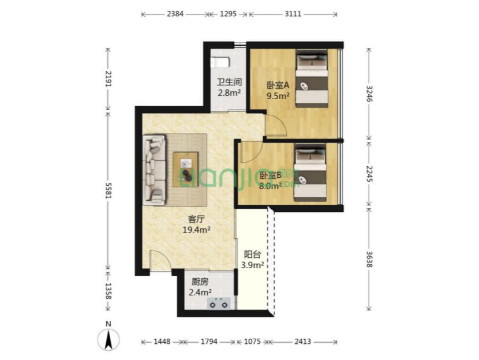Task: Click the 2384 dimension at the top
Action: click(175, 14)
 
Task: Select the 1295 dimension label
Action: click(228, 14)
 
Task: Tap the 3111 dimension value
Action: click(293, 14)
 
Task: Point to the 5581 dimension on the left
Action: click(108, 190)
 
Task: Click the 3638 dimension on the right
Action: click(369, 259)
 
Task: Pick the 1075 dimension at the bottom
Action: click(252, 342)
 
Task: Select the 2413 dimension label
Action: click(302, 342)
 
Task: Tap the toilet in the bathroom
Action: click(221, 62)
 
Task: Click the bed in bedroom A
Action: click(312, 78)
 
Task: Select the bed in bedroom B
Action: click(310, 173)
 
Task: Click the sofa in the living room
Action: click(155, 170)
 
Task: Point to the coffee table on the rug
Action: click(185, 170)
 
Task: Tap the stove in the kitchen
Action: click(219, 303)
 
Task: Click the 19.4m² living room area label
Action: click(196, 230)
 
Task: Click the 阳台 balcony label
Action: click(252, 254)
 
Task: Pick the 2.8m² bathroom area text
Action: click(229, 92)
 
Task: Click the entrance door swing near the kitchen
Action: click(161, 260)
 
